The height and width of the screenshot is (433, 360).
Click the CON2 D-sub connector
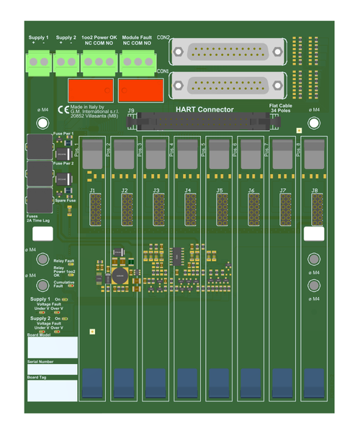229,53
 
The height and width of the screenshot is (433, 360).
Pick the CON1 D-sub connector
229,84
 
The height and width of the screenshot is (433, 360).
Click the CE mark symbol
63,110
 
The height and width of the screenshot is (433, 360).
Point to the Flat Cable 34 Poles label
280,109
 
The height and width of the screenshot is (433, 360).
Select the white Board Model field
52,348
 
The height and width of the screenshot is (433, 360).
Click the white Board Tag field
52,391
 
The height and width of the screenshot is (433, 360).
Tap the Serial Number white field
52,369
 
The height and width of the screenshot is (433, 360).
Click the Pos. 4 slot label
171,149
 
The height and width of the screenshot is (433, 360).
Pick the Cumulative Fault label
64,284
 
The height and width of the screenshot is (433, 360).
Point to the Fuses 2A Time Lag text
37,218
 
